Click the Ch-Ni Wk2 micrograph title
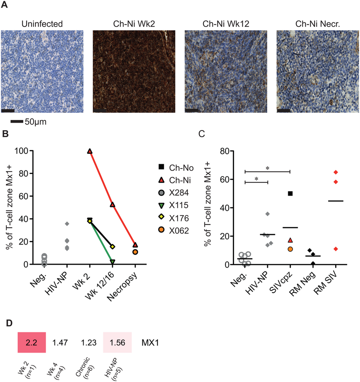point(134,24)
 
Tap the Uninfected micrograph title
point(42,24)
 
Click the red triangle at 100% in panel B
point(90,151)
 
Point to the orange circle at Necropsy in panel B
point(135,252)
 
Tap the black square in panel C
point(290,193)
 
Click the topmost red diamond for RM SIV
point(336,172)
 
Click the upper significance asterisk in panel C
point(268,168)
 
